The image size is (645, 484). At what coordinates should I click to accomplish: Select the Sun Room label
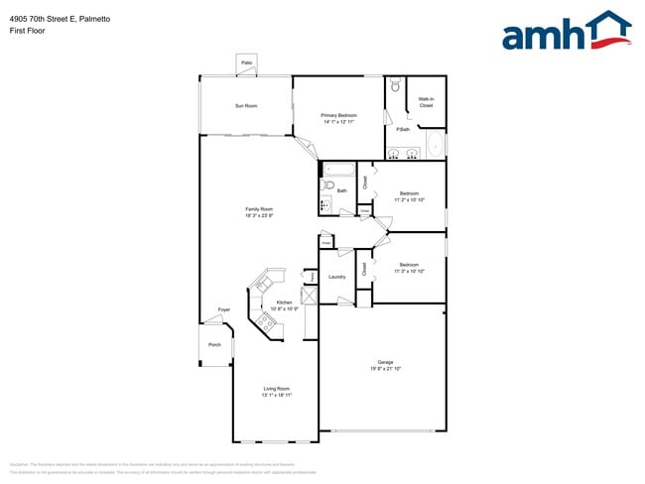point(246,105)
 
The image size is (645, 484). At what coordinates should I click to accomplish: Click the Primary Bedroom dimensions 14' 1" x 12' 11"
point(338,122)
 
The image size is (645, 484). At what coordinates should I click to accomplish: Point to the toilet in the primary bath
point(394,87)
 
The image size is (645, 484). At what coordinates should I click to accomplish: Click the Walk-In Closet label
point(426,101)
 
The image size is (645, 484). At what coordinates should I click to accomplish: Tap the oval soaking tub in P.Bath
point(435,147)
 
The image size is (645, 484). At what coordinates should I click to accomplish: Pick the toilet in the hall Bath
point(328,185)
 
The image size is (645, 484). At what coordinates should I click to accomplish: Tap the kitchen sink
point(264,282)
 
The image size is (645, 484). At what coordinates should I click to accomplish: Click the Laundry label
point(336,277)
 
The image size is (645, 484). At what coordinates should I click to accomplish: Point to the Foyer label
point(224,309)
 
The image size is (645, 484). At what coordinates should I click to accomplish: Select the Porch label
point(214,345)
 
